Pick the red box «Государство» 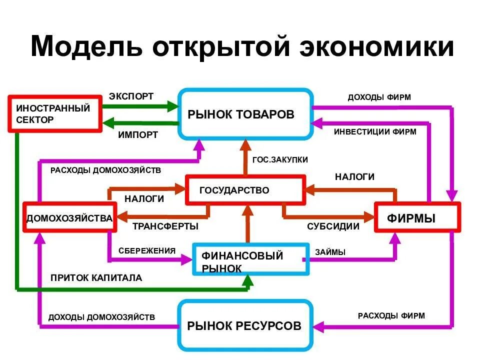coord(245,190)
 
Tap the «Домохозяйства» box coord(69,218)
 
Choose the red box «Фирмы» coord(416,217)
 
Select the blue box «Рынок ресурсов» coord(244,326)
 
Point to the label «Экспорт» coord(131,96)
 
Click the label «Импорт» coord(138,134)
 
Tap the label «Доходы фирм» coord(379,97)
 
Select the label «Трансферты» coord(165,226)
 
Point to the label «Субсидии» coord(333,226)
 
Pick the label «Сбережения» coord(147,250)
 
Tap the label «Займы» coord(330,252)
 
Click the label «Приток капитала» coord(96,278)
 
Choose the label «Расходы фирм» coord(391,315)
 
